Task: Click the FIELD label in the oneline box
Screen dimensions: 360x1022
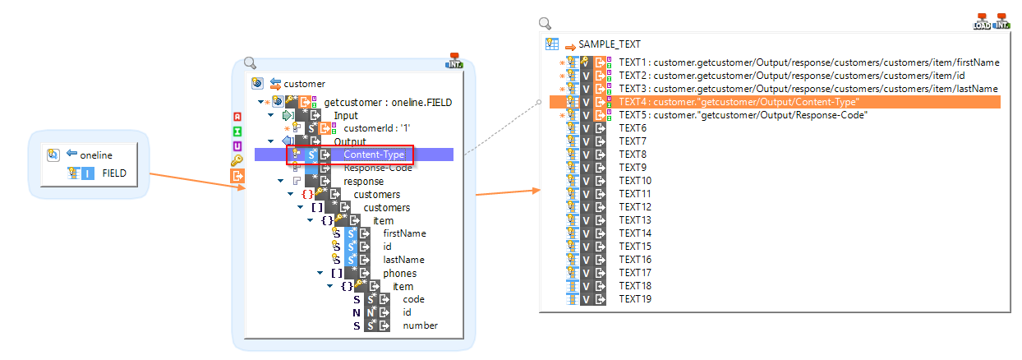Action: tap(113, 174)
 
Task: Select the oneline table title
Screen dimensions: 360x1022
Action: tap(96, 155)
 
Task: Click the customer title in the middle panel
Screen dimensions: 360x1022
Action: tap(303, 83)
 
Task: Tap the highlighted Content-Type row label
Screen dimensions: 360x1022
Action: tap(373, 155)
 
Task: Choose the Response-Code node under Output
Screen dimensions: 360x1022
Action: tap(377, 168)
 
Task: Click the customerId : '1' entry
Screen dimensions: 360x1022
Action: tap(375, 128)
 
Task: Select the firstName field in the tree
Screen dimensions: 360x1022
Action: tap(404, 233)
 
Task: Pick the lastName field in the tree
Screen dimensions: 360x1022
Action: tap(404, 260)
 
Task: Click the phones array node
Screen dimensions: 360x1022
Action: tap(399, 273)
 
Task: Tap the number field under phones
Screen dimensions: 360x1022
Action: tap(420, 325)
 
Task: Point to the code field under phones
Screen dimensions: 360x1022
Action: tap(413, 299)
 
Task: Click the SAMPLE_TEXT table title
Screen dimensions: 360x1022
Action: tap(609, 44)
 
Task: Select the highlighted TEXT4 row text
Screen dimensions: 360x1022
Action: tap(739, 102)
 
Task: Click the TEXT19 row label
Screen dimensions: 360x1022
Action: tap(634, 299)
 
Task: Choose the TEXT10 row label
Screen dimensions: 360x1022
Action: tap(634, 181)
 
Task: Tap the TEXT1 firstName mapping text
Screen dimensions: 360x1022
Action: tap(808, 62)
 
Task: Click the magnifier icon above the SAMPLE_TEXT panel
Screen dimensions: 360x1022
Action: tap(545, 24)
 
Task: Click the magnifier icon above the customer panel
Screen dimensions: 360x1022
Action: tap(251, 63)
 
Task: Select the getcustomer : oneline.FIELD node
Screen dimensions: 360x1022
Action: tap(388, 103)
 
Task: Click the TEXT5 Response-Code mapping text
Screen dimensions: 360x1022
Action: tap(743, 115)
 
